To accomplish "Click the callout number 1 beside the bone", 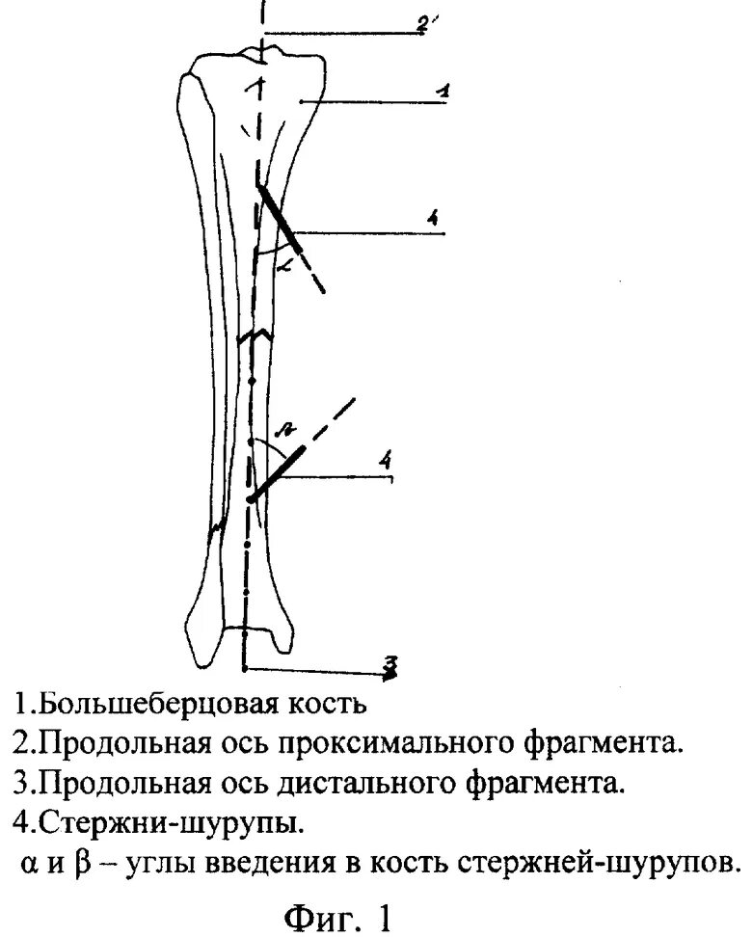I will tap(442, 92).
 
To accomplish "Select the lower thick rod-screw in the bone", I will tap(277, 473).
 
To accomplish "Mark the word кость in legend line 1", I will tap(328, 703).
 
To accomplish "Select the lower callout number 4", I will tap(386, 464).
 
